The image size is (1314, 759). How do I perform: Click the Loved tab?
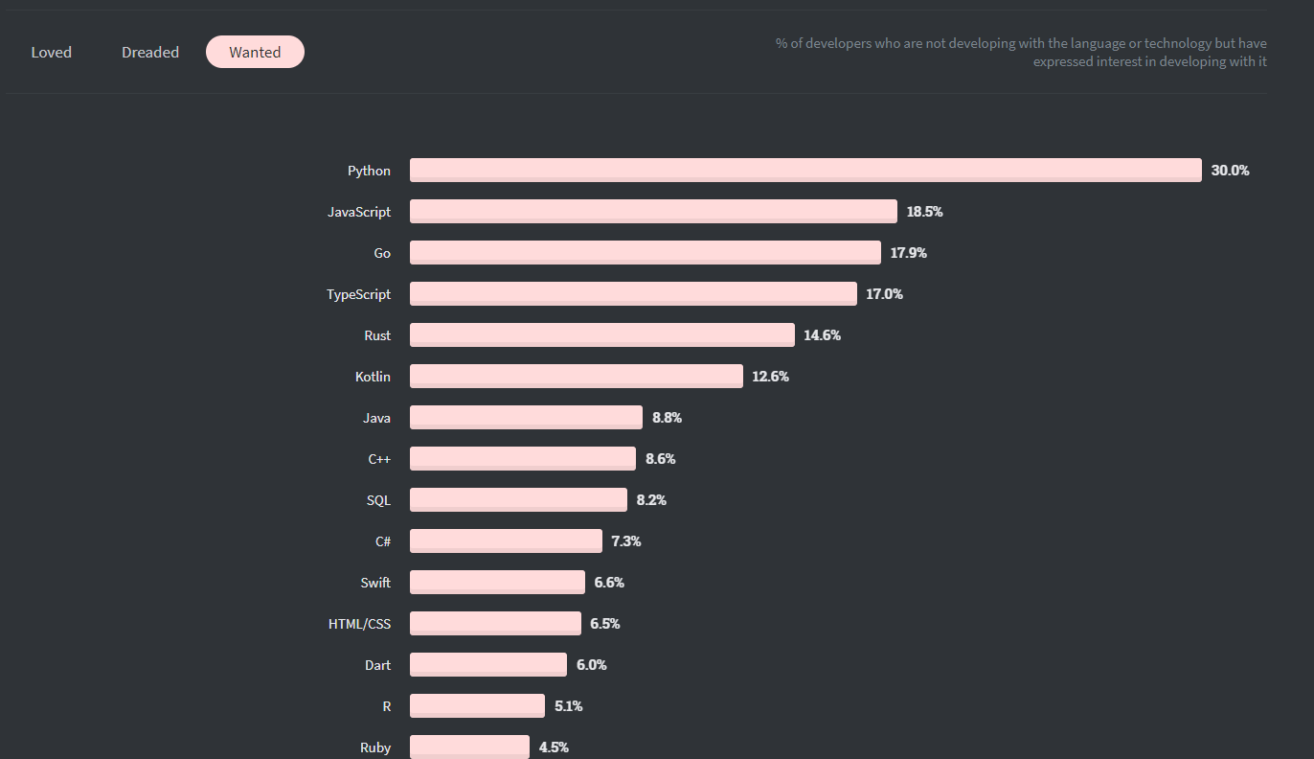(52, 53)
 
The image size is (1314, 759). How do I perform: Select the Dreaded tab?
(150, 53)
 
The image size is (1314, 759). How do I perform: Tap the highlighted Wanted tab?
(255, 53)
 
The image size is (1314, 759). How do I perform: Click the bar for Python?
(805, 171)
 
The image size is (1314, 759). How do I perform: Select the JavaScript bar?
(653, 212)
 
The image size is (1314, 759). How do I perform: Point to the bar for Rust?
(602, 335)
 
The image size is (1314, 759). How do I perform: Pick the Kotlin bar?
(577, 377)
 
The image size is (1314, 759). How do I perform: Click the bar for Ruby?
(469, 747)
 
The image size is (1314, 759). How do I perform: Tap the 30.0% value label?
(1230, 171)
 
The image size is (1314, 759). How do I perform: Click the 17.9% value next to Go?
(908, 253)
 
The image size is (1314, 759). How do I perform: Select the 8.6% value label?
(660, 459)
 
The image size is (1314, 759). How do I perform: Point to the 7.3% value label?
(626, 541)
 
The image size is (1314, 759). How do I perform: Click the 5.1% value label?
(568, 706)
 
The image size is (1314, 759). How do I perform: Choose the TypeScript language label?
(358, 294)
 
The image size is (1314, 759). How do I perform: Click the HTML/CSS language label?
(359, 624)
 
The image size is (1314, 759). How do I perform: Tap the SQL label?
(378, 500)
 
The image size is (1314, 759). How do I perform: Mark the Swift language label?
(375, 583)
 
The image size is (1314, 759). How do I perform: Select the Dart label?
(377, 665)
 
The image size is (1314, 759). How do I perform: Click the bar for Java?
(526, 418)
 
